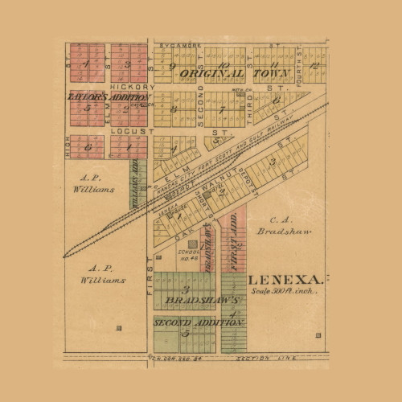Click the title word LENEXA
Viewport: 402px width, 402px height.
click(x=285, y=280)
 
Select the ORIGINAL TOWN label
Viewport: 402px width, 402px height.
click(x=224, y=73)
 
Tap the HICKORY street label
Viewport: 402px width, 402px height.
click(x=132, y=86)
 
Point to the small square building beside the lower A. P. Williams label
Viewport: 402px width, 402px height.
click(x=119, y=327)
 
